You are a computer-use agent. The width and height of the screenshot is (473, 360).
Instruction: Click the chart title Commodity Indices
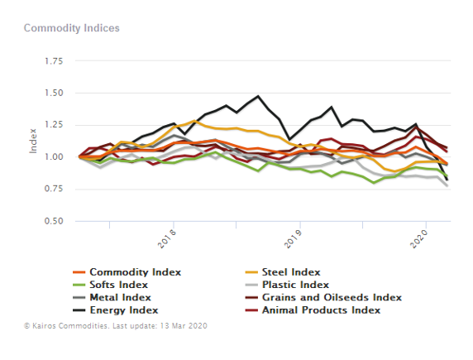pos(71,28)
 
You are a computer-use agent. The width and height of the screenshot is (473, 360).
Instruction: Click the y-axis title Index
pos(34,142)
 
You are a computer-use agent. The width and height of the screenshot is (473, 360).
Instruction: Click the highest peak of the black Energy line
pos(258,96)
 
